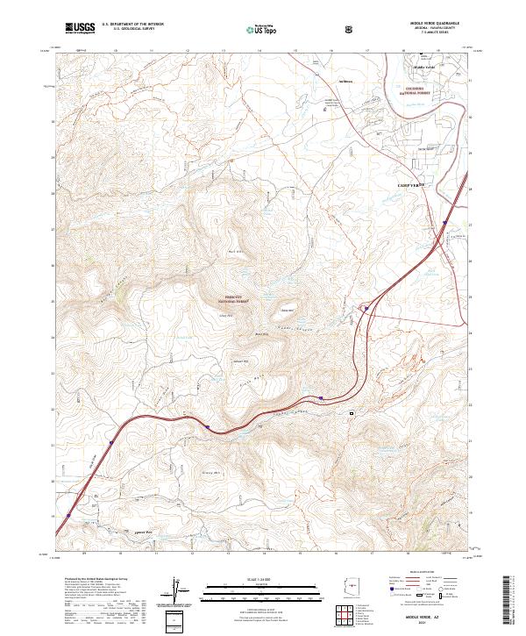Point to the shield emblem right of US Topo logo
348,28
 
